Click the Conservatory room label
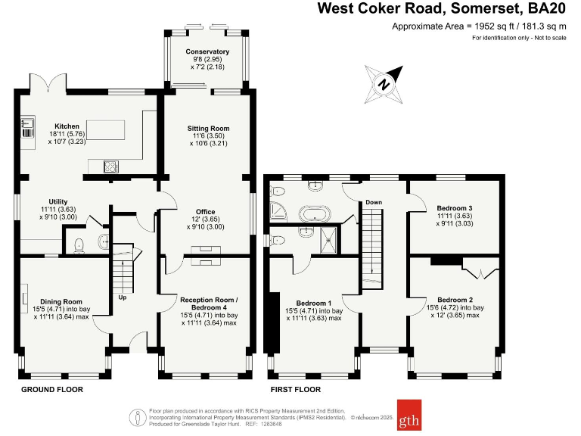(208, 51)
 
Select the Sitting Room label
(208, 128)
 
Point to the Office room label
(206, 212)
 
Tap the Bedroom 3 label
(455, 207)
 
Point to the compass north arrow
(384, 83)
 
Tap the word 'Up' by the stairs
(123, 297)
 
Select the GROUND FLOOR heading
(51, 389)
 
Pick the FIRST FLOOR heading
(297, 389)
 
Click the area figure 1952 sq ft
(490, 26)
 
